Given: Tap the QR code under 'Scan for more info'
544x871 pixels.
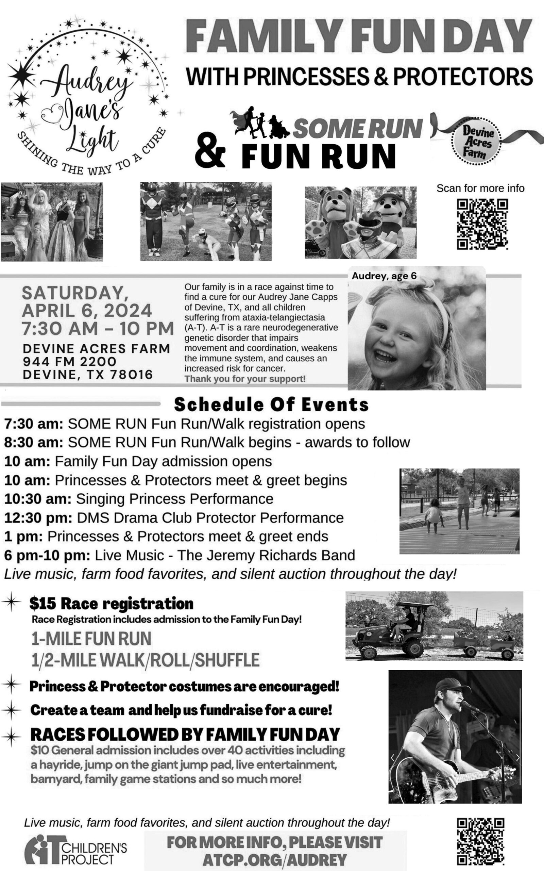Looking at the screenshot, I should pyautogui.click(x=482, y=224).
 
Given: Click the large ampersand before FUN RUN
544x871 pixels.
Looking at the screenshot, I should pyautogui.click(x=210, y=155).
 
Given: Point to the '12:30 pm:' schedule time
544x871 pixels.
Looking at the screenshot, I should pyautogui.click(x=38, y=517).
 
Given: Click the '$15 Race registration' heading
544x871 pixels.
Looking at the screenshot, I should pyautogui.click(x=112, y=604).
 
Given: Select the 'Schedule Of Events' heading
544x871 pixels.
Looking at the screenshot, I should pyautogui.click(x=271, y=404).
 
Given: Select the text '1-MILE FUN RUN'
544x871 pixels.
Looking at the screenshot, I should pyautogui.click(x=91, y=639).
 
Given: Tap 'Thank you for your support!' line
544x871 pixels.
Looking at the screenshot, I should pyautogui.click(x=245, y=379).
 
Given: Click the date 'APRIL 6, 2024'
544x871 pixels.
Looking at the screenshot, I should pyautogui.click(x=87, y=311).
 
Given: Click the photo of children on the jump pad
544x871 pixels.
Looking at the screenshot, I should pyautogui.click(x=459, y=511).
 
